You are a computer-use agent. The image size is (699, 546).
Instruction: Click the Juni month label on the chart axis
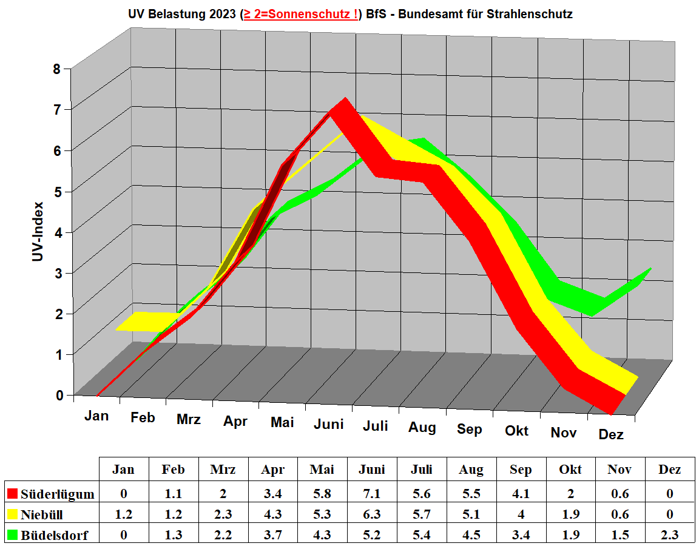point(329,423)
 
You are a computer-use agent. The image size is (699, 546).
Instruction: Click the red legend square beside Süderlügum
point(12,493)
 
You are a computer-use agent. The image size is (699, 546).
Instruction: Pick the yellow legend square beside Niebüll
point(12,514)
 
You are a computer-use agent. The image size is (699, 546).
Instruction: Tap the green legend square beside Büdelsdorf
point(12,535)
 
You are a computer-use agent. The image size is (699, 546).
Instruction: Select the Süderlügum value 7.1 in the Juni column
point(372,493)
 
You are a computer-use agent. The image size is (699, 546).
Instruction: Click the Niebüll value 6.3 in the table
point(372,514)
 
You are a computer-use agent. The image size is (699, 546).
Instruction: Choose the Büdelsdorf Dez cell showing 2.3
point(669,535)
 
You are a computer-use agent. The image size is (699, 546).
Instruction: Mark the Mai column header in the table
point(322,469)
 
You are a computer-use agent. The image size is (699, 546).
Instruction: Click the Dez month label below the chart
point(611,434)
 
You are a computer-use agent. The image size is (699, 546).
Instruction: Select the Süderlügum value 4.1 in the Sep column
point(521,493)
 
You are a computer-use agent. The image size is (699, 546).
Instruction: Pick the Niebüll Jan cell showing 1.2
point(123,514)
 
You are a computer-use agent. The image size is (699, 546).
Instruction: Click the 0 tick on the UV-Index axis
point(59,395)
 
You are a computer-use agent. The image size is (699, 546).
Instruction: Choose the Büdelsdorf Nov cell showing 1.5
point(620,535)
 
